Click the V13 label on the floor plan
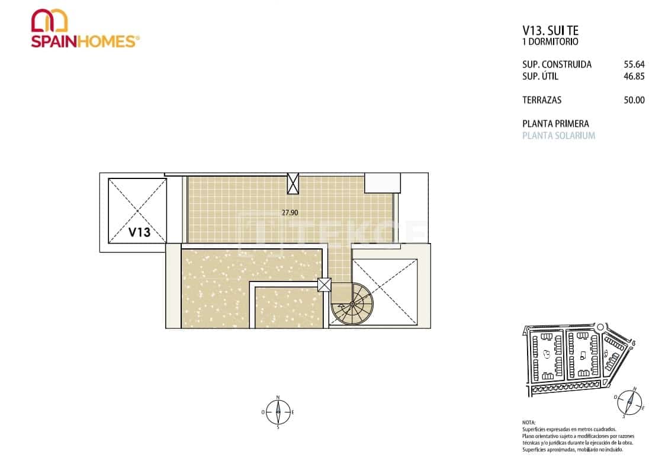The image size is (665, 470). click(140, 232)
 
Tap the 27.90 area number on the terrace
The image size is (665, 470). click(290, 212)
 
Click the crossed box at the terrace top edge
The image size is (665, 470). click(293, 183)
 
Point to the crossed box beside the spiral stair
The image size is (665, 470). click(325, 285)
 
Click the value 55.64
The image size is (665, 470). click(634, 65)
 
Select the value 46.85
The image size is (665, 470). click(634, 76)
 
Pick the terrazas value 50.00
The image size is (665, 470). click(634, 100)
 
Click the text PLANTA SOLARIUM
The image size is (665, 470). click(558, 136)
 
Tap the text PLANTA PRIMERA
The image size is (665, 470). click(555, 124)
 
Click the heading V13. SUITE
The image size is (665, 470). click(550, 30)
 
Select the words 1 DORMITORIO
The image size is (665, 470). click(550, 42)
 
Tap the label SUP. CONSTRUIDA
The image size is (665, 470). click(557, 65)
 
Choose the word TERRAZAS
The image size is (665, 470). click(542, 100)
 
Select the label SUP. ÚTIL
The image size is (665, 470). click(540, 76)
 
